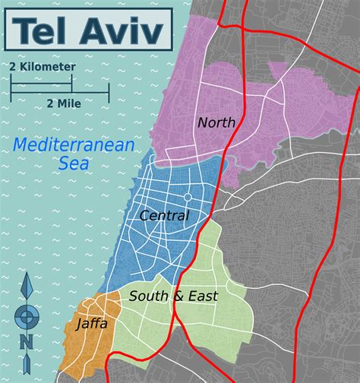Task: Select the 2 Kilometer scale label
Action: [x=43, y=67]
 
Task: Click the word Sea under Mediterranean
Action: [x=74, y=162]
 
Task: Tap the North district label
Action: [x=216, y=122]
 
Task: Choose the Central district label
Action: [x=163, y=216]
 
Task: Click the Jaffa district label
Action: [x=91, y=324]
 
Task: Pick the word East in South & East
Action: [x=201, y=296]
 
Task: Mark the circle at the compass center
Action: [x=27, y=315]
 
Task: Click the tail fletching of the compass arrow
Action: [x=27, y=369]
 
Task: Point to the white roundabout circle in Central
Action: [x=187, y=197]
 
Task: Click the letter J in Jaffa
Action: [x=79, y=324]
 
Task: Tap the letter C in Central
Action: [x=144, y=216]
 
